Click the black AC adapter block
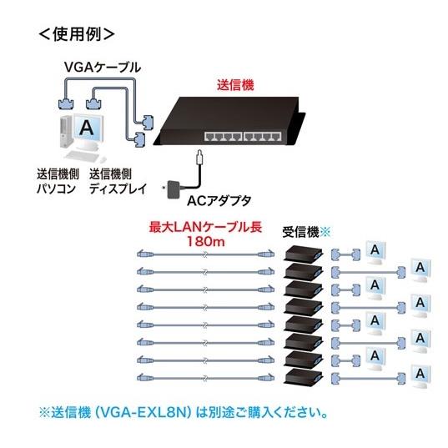pyautogui.click(x=175, y=189)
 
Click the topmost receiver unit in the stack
pyautogui.click(x=302, y=253)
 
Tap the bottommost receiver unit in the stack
pyautogui.click(x=302, y=376)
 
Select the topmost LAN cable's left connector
pyautogui.click(x=144, y=253)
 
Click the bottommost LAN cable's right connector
pyautogui.click(x=266, y=375)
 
